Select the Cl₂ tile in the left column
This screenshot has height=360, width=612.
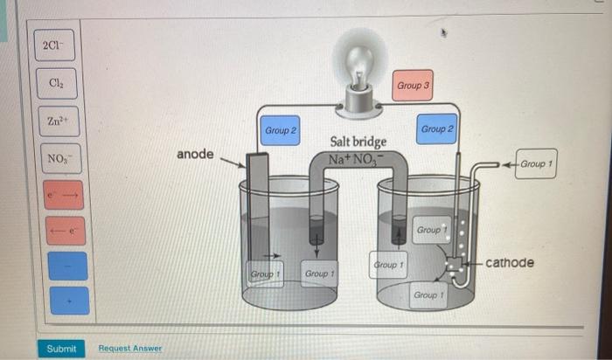(56, 84)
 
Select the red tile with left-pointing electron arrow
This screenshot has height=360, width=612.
(67, 230)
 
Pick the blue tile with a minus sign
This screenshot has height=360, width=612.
(67, 266)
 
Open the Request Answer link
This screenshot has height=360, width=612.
(123, 349)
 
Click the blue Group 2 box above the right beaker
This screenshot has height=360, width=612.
(437, 129)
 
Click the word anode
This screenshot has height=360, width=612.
(195, 154)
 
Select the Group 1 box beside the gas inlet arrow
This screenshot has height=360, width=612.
(535, 163)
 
